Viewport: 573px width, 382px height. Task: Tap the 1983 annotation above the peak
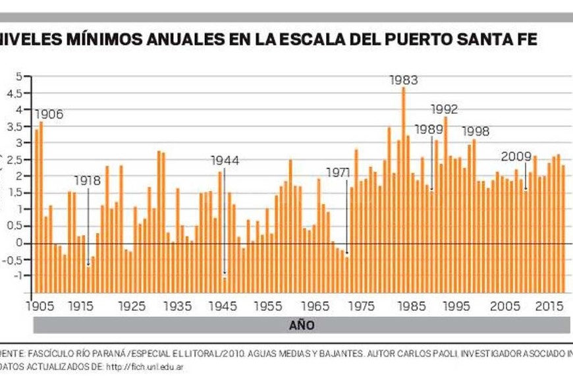404,80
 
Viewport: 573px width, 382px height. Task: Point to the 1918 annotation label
88,179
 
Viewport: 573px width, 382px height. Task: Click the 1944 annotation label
225,160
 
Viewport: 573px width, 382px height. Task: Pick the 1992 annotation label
444,109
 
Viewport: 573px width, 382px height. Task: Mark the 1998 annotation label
476,131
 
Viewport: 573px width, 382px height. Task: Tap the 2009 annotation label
516,157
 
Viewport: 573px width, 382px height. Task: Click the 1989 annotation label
428,128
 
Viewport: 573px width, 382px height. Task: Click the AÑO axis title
302,325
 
